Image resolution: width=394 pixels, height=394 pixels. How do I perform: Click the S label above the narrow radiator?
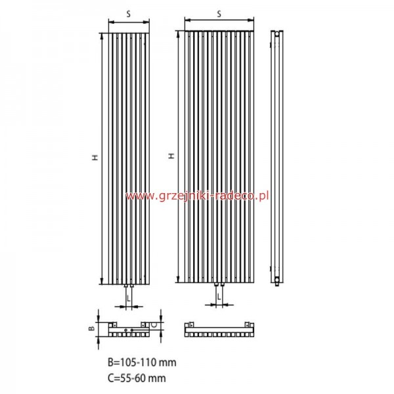[129, 14]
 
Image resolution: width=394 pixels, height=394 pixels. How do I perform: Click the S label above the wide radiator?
[219, 14]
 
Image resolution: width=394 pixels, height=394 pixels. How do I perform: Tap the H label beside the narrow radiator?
[95, 158]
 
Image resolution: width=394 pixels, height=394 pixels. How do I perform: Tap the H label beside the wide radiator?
[171, 156]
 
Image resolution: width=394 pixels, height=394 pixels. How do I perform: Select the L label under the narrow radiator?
[129, 299]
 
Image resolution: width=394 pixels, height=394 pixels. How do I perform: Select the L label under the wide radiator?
[219, 297]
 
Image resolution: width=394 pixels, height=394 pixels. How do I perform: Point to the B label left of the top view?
[92, 328]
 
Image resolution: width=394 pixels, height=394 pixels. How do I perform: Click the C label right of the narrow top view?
[155, 325]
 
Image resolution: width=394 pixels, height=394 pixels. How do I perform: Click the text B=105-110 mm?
[142, 362]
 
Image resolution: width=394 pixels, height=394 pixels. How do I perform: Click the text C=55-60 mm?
[137, 378]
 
